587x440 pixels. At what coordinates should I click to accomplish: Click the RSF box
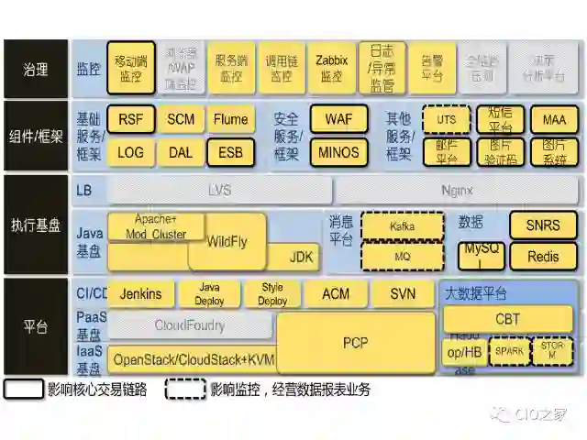(131, 119)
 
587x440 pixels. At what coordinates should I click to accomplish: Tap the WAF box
(338, 119)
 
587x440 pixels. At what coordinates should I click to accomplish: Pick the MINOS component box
(338, 152)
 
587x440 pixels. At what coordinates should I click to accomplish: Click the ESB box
(230, 152)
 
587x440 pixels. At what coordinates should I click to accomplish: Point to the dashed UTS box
(446, 120)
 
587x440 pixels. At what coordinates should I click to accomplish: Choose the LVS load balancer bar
(219, 190)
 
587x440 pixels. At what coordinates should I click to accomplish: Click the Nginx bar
(456, 190)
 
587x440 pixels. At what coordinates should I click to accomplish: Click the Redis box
(543, 257)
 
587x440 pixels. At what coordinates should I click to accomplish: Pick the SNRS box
(543, 225)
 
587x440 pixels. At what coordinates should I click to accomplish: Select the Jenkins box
(140, 294)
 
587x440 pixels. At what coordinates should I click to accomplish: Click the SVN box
(404, 294)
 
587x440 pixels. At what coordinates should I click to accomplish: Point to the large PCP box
(355, 342)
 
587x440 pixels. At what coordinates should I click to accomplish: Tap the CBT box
(507, 319)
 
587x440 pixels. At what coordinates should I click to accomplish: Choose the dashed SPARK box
(510, 351)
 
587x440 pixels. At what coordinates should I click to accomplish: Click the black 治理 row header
(36, 69)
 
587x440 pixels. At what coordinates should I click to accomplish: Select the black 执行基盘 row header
(36, 225)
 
